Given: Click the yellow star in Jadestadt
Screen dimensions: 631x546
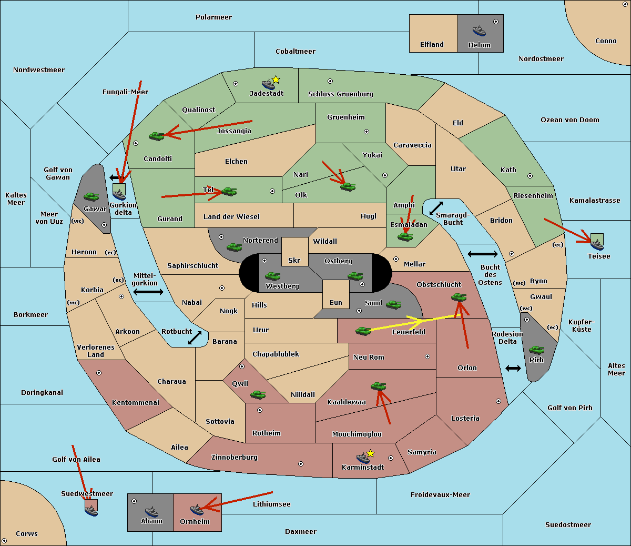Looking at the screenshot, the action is [276, 80].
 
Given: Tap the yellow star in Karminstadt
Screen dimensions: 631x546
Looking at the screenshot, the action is [370, 453].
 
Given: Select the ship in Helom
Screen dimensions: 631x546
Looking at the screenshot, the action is [479, 31].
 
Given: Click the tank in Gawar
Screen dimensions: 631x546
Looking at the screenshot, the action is [91, 197].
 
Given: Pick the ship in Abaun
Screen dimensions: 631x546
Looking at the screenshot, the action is [151, 511].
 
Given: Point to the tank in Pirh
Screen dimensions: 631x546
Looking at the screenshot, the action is [536, 350].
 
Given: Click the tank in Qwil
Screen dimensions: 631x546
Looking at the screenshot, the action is [258, 394].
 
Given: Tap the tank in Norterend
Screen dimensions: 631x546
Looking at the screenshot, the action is [234, 247].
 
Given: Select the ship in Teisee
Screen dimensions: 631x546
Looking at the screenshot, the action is [597, 245].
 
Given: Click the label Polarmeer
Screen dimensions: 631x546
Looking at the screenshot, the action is [213, 17].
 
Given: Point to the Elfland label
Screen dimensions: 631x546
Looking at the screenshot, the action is [432, 45].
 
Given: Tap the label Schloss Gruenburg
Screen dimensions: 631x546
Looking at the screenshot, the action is [341, 94].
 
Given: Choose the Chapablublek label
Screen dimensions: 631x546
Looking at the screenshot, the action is [276, 354].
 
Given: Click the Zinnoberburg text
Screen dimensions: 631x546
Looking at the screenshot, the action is [235, 458].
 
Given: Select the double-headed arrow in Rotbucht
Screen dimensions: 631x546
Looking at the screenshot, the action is [195, 337].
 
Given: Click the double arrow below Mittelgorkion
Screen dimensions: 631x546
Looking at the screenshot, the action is [148, 292].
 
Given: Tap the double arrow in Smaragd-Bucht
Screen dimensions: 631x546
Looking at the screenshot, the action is [436, 208].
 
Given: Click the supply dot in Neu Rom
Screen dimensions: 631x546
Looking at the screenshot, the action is [428, 356].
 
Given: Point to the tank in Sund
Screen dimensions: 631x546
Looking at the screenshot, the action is [393, 304].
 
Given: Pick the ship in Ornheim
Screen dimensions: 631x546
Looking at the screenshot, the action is [197, 510].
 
